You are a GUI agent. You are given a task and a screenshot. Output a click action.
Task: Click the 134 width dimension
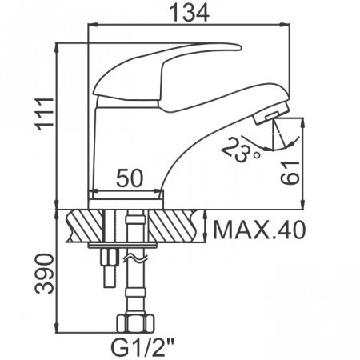point(190,13)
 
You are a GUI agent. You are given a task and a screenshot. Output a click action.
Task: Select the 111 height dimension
point(45,114)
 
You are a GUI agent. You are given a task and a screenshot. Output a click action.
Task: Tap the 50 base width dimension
point(130,178)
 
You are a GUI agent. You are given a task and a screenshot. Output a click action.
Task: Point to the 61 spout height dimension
point(290,173)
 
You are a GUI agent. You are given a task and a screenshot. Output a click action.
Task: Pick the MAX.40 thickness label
point(259,230)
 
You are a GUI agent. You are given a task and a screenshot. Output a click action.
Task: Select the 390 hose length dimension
point(45,274)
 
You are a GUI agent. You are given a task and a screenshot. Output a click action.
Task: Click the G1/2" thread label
point(142,347)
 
